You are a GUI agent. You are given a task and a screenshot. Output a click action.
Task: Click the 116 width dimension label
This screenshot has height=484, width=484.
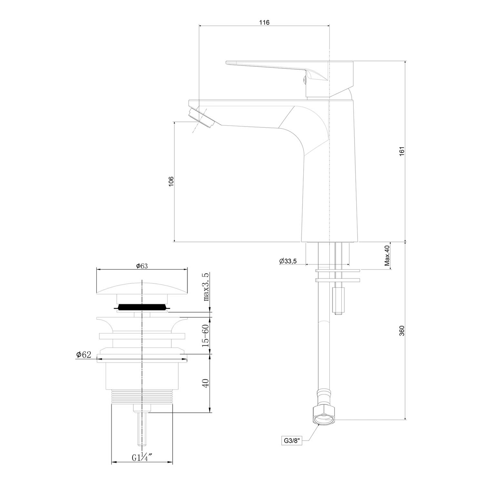pyautogui.click(x=264, y=22)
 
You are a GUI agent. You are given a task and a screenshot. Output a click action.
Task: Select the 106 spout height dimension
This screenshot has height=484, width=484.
pyautogui.click(x=171, y=181)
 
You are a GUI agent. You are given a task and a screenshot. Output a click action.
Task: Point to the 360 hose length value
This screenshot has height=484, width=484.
pyautogui.click(x=401, y=331)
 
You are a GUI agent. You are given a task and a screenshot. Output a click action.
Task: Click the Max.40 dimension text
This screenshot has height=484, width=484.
pyautogui.click(x=387, y=256)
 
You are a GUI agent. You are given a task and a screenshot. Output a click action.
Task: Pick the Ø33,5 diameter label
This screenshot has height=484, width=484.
pyautogui.click(x=288, y=261)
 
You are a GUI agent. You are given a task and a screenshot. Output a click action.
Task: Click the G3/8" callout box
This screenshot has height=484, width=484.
pyautogui.click(x=292, y=441)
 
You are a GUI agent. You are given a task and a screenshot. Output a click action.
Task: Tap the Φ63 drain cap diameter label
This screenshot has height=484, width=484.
pyautogui.click(x=142, y=266)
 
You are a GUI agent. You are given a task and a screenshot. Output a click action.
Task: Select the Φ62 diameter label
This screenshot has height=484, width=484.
pyautogui.click(x=84, y=355)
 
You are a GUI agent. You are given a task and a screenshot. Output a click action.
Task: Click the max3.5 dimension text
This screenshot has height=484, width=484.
pyautogui.click(x=207, y=287)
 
